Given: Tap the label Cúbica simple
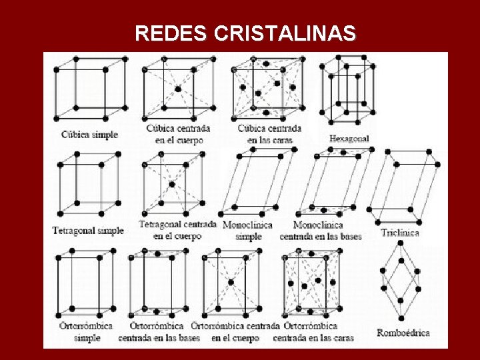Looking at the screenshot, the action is click(89, 134).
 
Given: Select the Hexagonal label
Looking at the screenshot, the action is click(349, 139).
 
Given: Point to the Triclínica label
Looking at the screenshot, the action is click(400, 233).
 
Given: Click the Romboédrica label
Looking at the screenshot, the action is click(403, 333).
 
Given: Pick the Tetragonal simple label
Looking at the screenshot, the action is click(88, 231).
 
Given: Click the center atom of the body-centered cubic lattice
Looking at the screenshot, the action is click(177, 89).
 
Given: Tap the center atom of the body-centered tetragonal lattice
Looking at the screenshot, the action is click(172, 184).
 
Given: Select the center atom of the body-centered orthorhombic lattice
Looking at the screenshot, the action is click(231, 283).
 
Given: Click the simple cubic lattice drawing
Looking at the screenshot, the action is click(89, 88).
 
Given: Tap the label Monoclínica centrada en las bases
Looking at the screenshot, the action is click(321, 231).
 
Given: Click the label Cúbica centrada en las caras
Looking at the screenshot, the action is click(269, 134).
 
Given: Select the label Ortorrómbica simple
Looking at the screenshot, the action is click(86, 332).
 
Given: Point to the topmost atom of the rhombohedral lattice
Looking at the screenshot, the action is click(401, 243).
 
